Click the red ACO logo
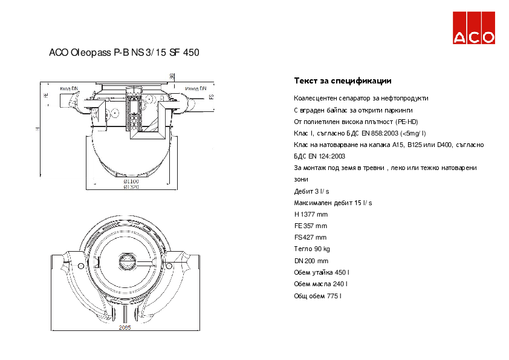point(474,28)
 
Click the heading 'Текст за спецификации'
point(342,81)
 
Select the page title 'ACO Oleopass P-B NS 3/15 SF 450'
point(124,53)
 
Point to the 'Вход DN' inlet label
point(69,88)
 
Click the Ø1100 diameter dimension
point(131,181)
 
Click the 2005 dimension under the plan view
point(125,327)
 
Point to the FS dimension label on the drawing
point(212,96)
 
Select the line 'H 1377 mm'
point(311,214)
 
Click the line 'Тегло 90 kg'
point(312,249)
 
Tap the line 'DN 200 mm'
point(311,261)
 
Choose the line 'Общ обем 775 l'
point(318,296)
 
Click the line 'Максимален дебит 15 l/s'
point(332,203)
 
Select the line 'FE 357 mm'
point(310,226)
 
